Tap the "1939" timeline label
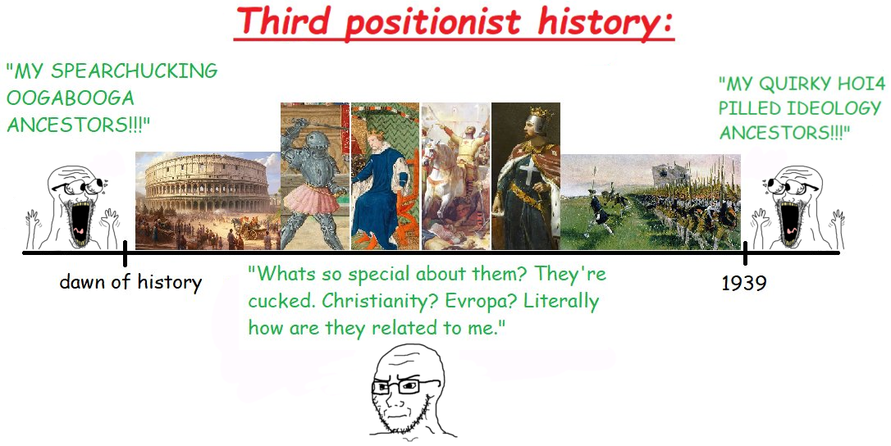click(x=744, y=282)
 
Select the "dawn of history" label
click(x=130, y=282)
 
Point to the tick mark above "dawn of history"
click(x=125, y=253)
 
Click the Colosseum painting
click(x=208, y=201)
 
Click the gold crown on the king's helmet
click(x=540, y=112)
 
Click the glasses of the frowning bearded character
click(x=400, y=387)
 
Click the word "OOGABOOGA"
click(x=71, y=98)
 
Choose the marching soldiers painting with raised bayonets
click(x=651, y=202)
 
